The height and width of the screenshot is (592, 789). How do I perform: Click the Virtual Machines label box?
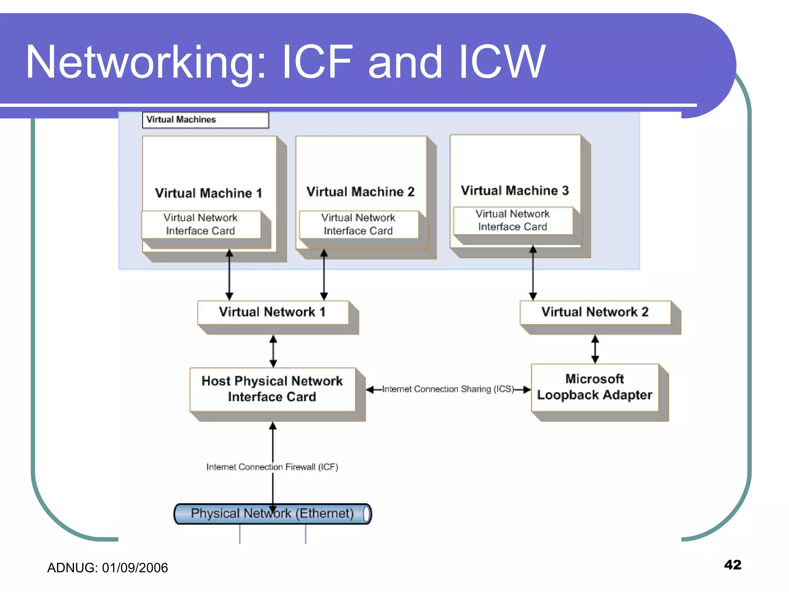205,120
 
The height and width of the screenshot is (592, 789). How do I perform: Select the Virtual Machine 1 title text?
208,193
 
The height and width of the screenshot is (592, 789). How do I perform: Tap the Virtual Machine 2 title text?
360,192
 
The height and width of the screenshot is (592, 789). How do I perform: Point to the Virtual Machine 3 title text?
515,190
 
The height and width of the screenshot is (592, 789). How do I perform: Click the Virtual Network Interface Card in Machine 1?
201,224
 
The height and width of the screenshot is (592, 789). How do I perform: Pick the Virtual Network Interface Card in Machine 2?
358,224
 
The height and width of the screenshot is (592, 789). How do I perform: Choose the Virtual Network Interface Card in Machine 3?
512,220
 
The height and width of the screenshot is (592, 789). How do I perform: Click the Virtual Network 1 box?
273,312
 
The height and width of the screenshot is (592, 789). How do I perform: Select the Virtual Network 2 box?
595,312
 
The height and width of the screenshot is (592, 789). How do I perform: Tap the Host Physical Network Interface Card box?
272,389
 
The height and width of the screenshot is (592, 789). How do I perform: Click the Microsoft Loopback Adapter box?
594,387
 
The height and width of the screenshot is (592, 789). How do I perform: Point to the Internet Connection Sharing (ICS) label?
448,389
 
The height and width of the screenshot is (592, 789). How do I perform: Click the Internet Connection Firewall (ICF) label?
272,467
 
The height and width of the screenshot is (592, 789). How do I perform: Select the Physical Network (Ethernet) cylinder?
272,514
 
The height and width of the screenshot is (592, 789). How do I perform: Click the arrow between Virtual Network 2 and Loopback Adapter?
595,349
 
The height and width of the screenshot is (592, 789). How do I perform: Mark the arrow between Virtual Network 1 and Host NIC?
273,351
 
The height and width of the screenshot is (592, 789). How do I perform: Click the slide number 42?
732,565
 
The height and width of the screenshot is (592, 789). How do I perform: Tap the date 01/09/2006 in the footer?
135,568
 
